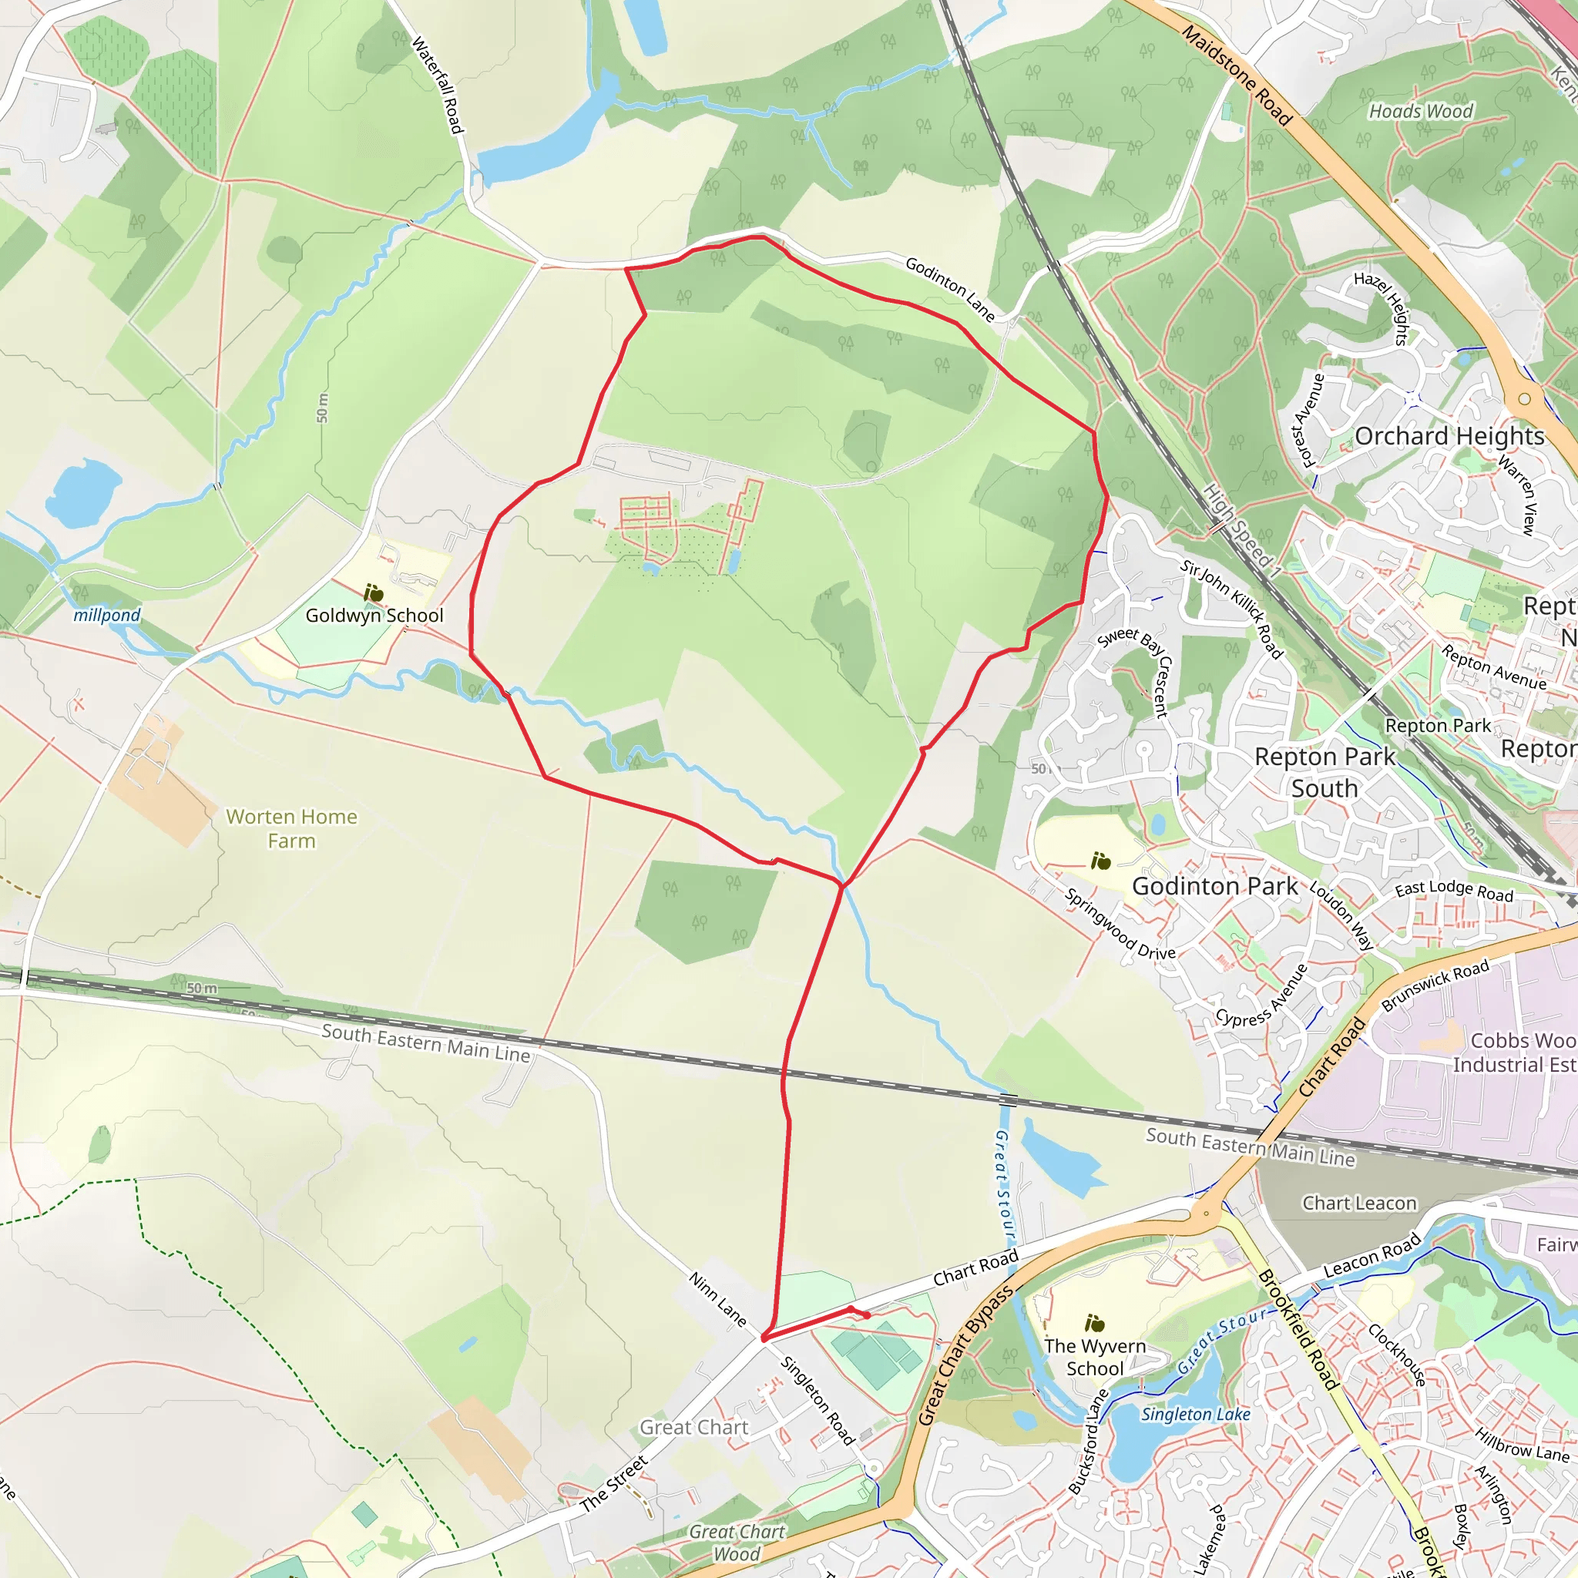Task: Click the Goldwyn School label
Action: pyautogui.click(x=374, y=616)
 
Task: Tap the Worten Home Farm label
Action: pyautogui.click(x=291, y=828)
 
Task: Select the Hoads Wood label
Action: pyautogui.click(x=1421, y=111)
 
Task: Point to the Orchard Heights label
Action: pyautogui.click(x=1450, y=436)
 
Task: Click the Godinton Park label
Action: pyautogui.click(x=1214, y=886)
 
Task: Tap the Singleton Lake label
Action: pyautogui.click(x=1196, y=1414)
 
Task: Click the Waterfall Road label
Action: pyautogui.click(x=438, y=84)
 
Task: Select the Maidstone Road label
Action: pyautogui.click(x=1237, y=76)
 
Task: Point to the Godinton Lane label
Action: pyautogui.click(x=950, y=289)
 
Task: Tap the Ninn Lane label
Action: pyautogui.click(x=718, y=1298)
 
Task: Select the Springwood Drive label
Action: pyautogui.click(x=1120, y=924)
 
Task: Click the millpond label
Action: pyautogui.click(x=107, y=615)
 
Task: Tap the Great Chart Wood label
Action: pyautogui.click(x=737, y=1543)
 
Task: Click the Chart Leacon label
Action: pyautogui.click(x=1359, y=1203)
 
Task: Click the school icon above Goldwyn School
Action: pyautogui.click(x=374, y=593)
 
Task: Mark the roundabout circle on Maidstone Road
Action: pyautogui.click(x=1524, y=399)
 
